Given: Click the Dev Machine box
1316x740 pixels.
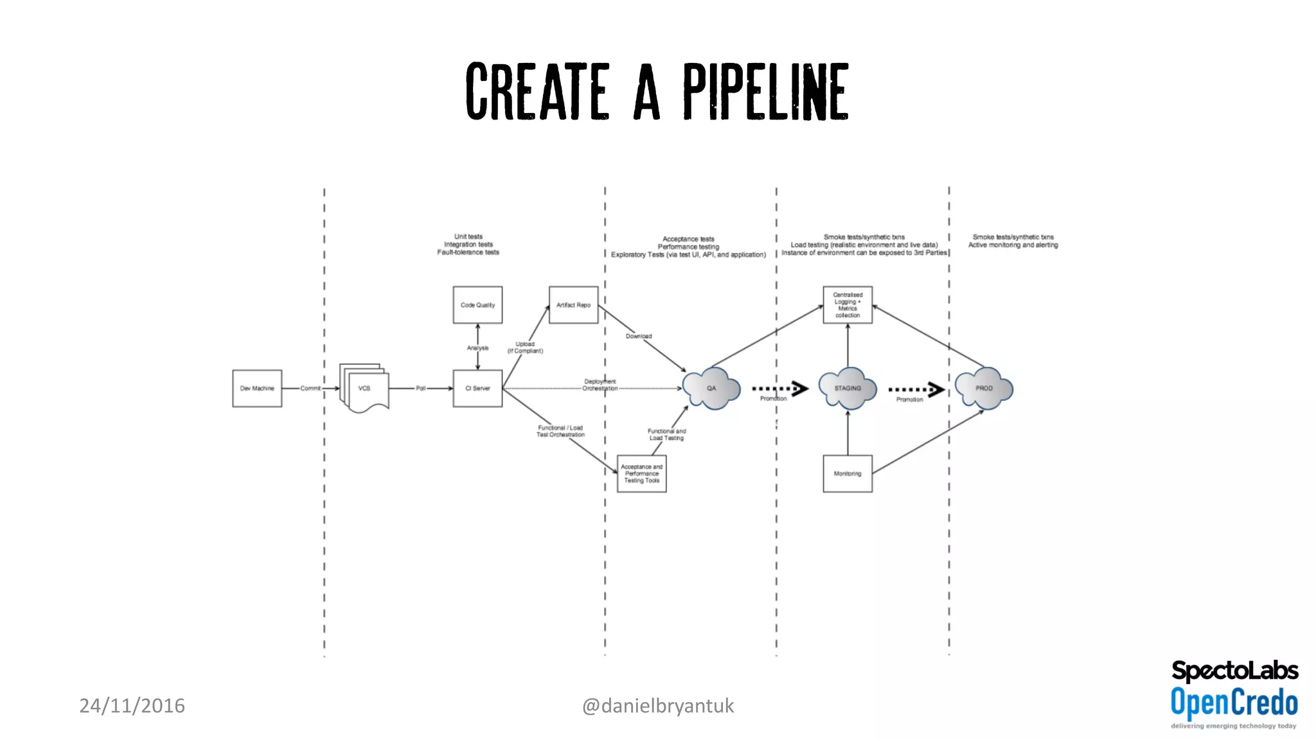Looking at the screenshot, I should pyautogui.click(x=257, y=388).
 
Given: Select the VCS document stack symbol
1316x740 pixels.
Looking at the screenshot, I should pyautogui.click(x=364, y=388).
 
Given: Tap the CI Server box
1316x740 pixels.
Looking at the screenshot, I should pyautogui.click(x=477, y=388).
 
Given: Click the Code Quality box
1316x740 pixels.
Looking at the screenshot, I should pyautogui.click(x=477, y=304).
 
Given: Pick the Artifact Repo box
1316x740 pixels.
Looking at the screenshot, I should pyautogui.click(x=573, y=304).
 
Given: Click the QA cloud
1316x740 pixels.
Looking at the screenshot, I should pyautogui.click(x=711, y=388).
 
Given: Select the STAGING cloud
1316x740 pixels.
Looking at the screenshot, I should pyautogui.click(x=847, y=388).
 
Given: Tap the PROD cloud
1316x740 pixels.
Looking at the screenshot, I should pyautogui.click(x=984, y=388).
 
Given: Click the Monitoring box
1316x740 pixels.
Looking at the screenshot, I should pyautogui.click(x=848, y=473).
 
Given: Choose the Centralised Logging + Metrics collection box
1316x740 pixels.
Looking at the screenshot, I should pyautogui.click(x=848, y=304).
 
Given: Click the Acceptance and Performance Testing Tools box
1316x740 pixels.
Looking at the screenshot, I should pyautogui.click(x=641, y=473).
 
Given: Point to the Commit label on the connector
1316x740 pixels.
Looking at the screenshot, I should pyautogui.click(x=310, y=388).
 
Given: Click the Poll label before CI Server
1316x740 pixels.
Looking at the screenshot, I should pyautogui.click(x=420, y=388).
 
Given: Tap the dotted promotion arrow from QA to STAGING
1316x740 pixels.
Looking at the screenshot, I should pyautogui.click(x=779, y=389).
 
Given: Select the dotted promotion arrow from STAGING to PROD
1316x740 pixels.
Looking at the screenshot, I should pyautogui.click(x=916, y=389).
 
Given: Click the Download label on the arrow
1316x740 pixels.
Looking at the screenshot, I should pyautogui.click(x=639, y=336).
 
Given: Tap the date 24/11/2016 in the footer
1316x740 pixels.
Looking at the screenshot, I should pyautogui.click(x=132, y=705).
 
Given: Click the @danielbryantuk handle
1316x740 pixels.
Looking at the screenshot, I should pyautogui.click(x=657, y=705).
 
